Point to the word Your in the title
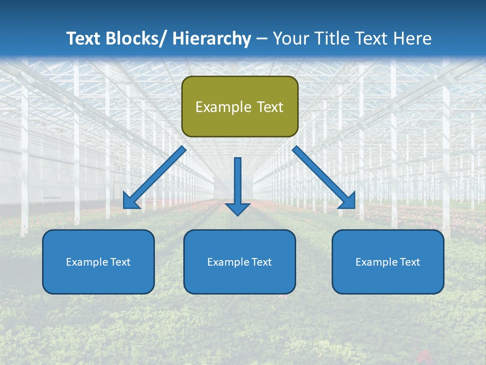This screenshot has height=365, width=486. [x=289, y=39]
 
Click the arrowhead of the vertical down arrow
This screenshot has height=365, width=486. [x=237, y=208]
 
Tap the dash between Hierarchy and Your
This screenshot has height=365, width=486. [x=262, y=39]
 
